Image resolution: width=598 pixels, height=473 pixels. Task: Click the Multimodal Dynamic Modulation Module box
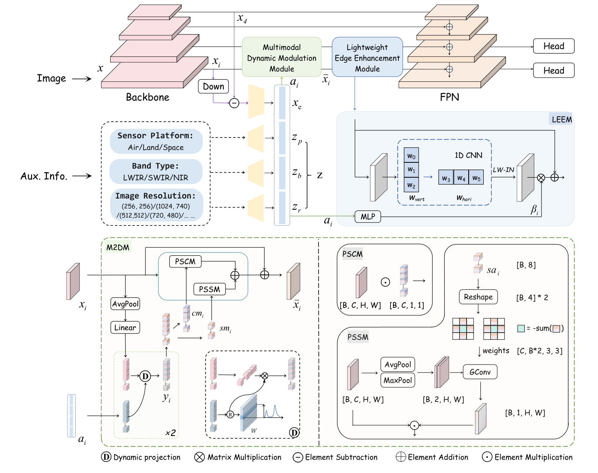pyautogui.click(x=282, y=57)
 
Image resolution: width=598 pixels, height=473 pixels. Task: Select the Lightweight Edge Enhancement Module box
pyautogui.click(x=367, y=57)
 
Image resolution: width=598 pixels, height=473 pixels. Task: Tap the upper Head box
pyautogui.click(x=554, y=46)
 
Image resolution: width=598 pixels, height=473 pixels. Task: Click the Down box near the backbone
pyautogui.click(x=213, y=86)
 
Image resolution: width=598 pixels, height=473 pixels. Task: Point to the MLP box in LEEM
pyautogui.click(x=368, y=217)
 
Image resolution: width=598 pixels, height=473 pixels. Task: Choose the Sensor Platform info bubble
pyautogui.click(x=156, y=141)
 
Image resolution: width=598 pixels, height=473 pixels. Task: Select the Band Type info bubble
pyautogui.click(x=156, y=172)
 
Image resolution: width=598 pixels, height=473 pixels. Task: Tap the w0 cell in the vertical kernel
pyautogui.click(x=411, y=156)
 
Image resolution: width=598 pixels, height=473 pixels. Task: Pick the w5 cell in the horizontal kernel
pyautogui.click(x=476, y=178)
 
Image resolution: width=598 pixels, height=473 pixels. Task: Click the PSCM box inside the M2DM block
pyautogui.click(x=185, y=262)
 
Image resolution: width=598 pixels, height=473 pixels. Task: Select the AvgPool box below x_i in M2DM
pyautogui.click(x=125, y=304)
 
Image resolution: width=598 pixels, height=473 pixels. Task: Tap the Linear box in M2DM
pyautogui.click(x=125, y=328)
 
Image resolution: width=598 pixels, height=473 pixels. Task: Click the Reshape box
pyautogui.click(x=478, y=297)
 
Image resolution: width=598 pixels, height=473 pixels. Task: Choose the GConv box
pyautogui.click(x=480, y=372)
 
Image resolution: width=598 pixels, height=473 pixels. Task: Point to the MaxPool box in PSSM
pyautogui.click(x=398, y=380)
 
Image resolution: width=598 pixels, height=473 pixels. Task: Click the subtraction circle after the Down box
pyautogui.click(x=234, y=103)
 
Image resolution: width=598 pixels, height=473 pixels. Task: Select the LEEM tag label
pyautogui.click(x=562, y=120)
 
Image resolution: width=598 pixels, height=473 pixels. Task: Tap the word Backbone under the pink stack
pyautogui.click(x=148, y=97)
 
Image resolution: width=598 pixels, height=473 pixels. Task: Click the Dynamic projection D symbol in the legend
pyautogui.click(x=106, y=457)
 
